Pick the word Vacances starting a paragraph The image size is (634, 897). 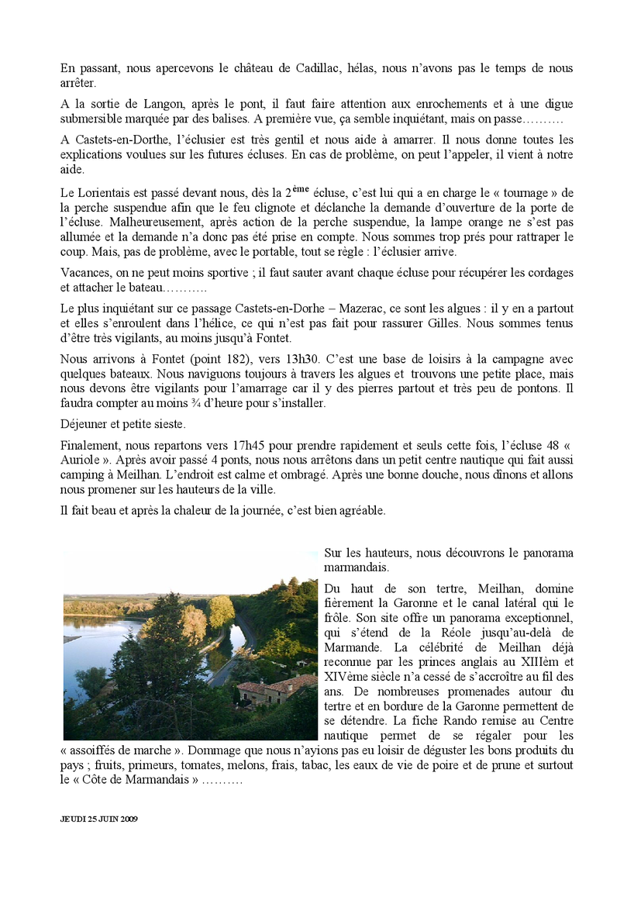click(84, 272)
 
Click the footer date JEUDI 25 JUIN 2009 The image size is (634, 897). click(98, 819)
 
